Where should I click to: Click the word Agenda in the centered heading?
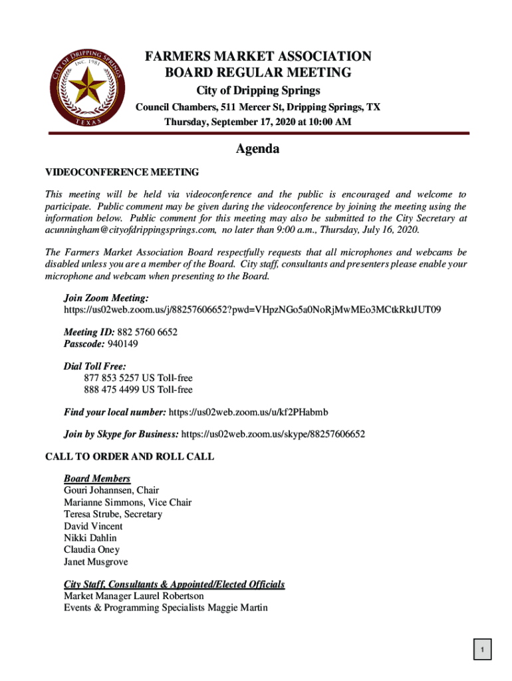257,149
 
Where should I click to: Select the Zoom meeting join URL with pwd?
252,310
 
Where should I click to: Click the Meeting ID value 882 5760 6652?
147,332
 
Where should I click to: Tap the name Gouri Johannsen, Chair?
111,491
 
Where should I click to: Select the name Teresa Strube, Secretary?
112,514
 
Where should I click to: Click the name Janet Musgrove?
96,562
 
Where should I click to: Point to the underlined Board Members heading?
97,479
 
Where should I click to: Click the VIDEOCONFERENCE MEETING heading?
122,172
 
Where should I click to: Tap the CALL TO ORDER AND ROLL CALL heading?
129,457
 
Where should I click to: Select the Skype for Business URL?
273,434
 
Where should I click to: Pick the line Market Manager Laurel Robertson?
134,596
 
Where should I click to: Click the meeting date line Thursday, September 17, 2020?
258,122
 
